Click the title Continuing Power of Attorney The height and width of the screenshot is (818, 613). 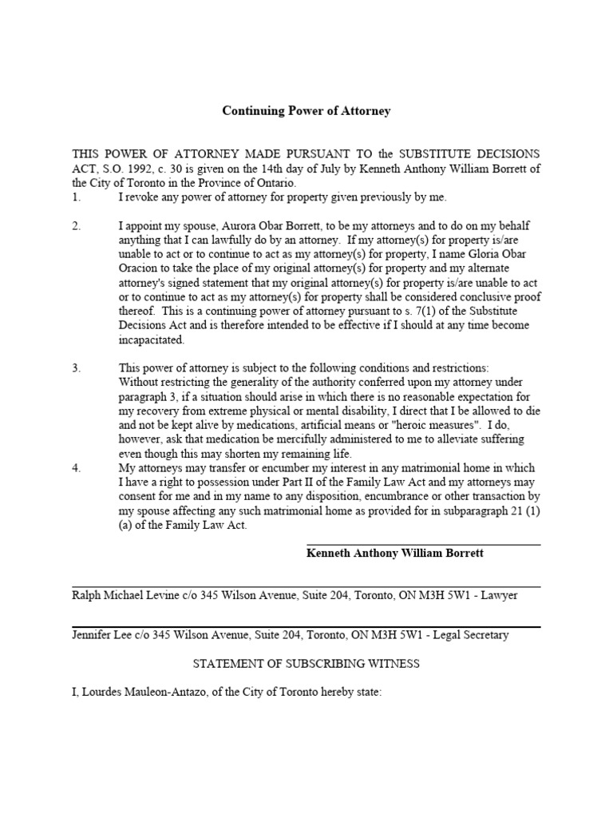tap(306, 111)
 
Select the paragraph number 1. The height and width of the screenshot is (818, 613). tap(76, 197)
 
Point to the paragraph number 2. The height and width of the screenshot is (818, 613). tap(76, 226)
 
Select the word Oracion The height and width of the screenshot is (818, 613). tap(139, 269)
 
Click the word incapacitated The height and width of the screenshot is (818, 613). tap(152, 340)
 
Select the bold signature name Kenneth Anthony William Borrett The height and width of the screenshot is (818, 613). tap(395, 553)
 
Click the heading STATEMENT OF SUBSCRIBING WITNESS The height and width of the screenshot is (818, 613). tap(306, 664)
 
